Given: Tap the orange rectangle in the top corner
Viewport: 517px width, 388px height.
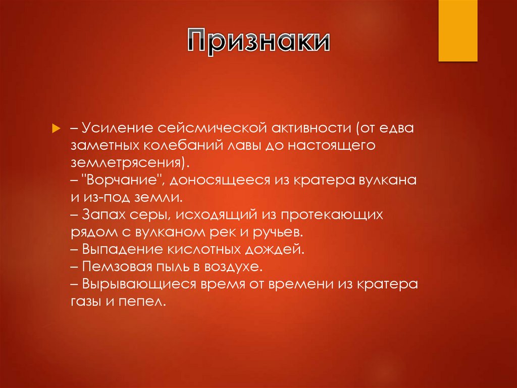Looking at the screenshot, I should pyautogui.click(x=457, y=30).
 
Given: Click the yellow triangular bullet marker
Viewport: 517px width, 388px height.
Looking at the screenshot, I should pyautogui.click(x=56, y=127).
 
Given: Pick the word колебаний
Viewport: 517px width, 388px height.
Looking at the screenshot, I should pyautogui.click(x=183, y=146).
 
